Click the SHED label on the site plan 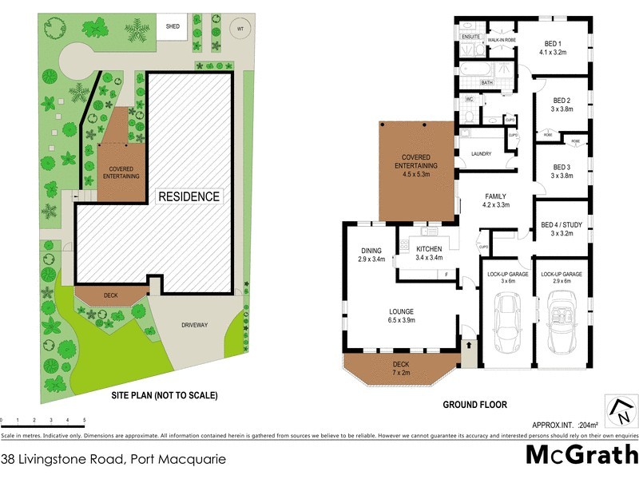tap(173, 26)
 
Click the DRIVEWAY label tap(193, 325)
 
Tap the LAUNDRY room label tap(481, 153)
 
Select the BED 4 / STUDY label tap(562, 229)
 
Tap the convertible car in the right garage tap(560, 323)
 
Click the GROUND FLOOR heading tap(474, 405)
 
